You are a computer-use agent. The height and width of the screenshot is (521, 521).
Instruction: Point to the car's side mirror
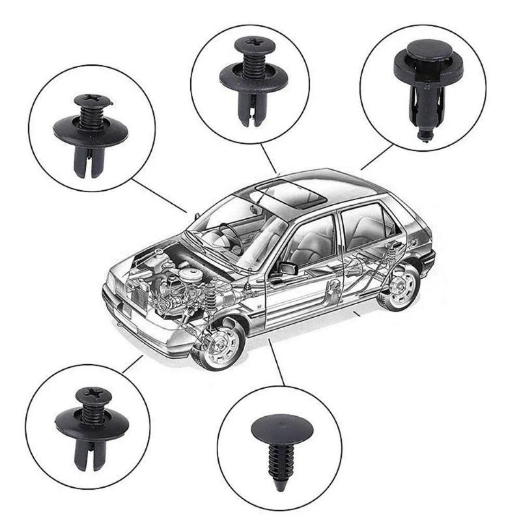click(287, 268)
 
